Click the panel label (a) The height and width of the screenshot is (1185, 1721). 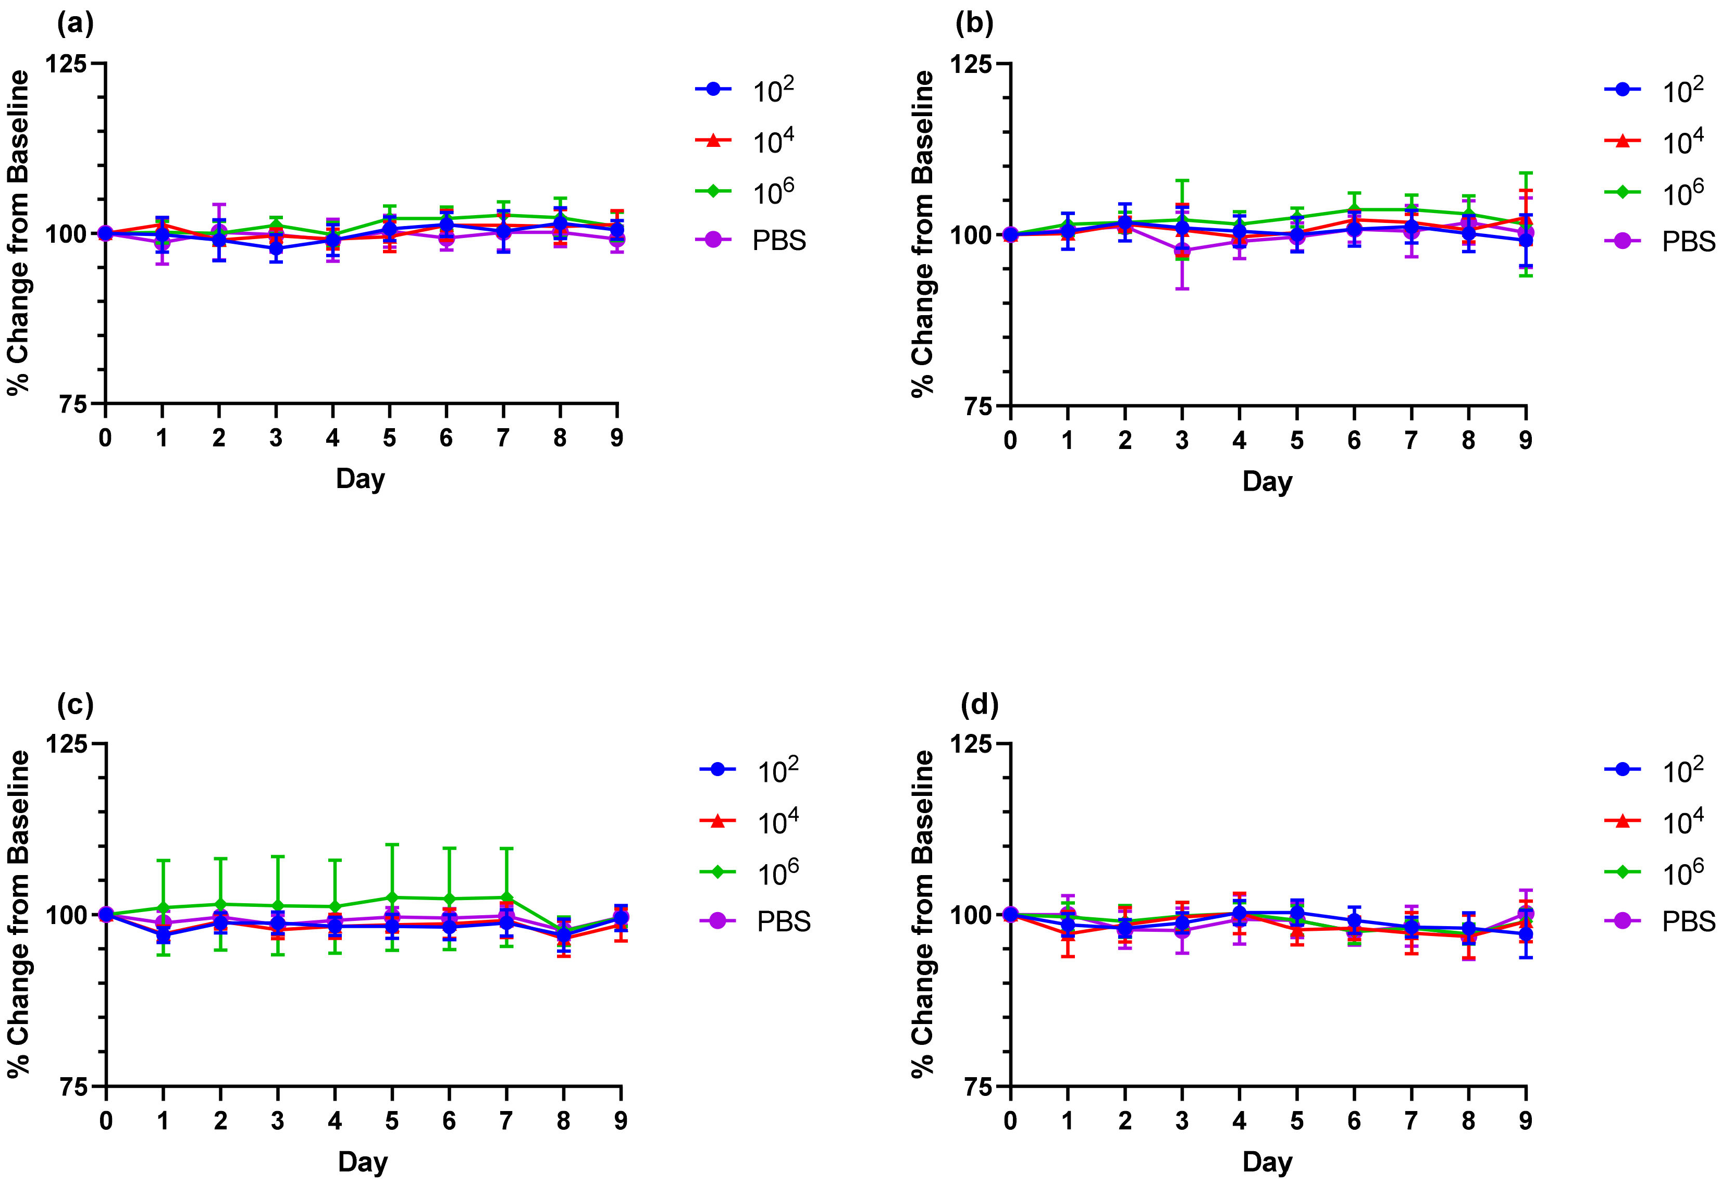(x=75, y=24)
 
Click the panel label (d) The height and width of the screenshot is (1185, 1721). (x=979, y=705)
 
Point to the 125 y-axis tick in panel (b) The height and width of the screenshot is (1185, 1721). (x=970, y=65)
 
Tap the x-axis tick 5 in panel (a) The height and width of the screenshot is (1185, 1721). (x=389, y=438)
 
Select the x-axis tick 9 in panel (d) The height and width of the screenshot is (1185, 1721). (x=1525, y=1120)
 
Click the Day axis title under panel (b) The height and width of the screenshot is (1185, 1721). (x=1267, y=481)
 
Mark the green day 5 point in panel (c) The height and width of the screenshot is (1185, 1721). (x=392, y=897)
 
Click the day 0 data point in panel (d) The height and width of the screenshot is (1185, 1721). (x=1010, y=914)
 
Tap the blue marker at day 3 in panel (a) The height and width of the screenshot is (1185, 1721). (x=276, y=248)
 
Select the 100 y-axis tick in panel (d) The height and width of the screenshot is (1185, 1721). (x=970, y=915)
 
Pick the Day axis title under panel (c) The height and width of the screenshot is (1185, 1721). (x=363, y=1162)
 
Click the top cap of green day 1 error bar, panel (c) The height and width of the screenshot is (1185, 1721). (x=163, y=860)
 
